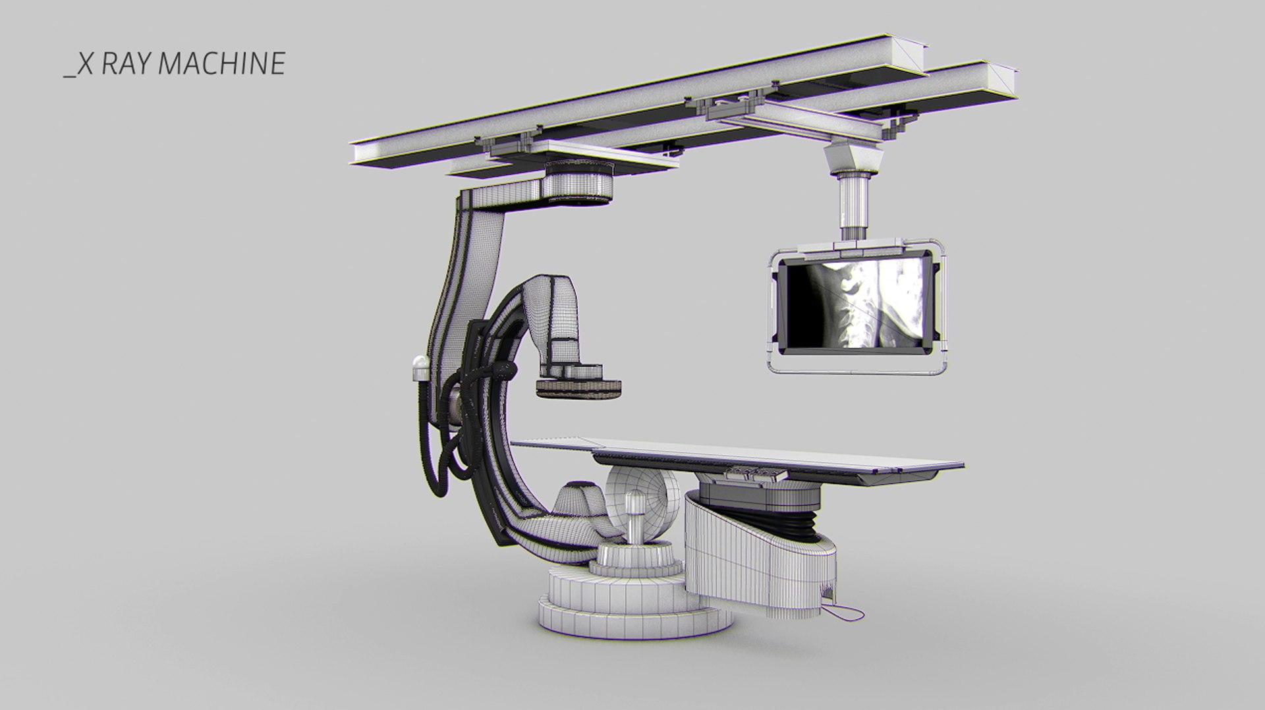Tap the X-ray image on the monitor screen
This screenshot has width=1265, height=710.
click(x=856, y=302)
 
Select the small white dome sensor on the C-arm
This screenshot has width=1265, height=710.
click(x=419, y=367)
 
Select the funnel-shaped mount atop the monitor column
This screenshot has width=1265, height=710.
click(x=855, y=158)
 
